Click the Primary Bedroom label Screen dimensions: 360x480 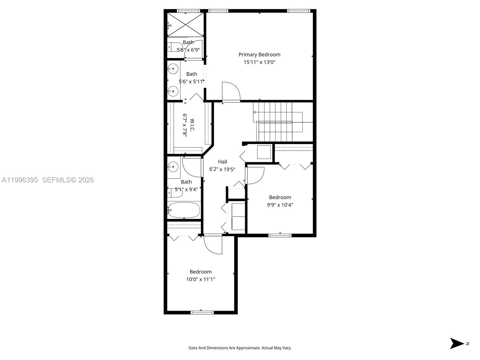[259, 55]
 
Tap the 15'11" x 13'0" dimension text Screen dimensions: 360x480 [259, 62]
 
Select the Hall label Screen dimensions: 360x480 [222, 162]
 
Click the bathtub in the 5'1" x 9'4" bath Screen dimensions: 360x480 [184, 210]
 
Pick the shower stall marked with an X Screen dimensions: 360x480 [185, 25]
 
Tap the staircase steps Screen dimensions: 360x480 [274, 121]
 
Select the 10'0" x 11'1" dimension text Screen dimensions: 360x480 [200, 279]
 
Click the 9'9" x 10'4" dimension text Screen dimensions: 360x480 [280, 205]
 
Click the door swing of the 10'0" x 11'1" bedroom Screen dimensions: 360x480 [213, 244]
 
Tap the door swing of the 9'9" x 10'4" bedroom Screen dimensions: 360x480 [255, 175]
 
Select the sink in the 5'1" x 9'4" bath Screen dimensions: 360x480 [173, 166]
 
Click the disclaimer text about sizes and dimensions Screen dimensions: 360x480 [240, 348]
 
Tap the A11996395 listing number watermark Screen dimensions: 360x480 [20, 180]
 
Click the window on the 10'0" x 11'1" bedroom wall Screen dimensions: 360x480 [202, 313]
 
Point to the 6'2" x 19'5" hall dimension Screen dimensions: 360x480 [222, 169]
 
